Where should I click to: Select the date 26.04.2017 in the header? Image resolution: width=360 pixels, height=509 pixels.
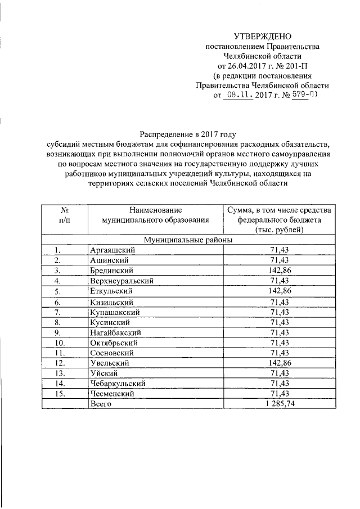tap(245, 65)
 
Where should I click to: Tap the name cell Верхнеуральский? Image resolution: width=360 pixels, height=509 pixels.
tap(121, 280)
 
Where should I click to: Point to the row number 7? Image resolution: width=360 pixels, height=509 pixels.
tap(58, 312)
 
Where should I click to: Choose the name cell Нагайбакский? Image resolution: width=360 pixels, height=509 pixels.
tap(115, 332)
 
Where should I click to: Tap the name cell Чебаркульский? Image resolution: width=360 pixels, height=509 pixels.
tap(118, 384)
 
